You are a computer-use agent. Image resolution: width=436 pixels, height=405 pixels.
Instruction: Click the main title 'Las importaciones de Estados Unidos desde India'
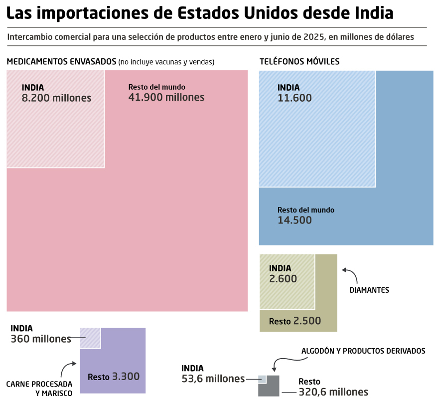(200, 13)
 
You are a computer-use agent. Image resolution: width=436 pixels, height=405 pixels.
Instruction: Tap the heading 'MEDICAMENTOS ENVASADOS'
(61, 62)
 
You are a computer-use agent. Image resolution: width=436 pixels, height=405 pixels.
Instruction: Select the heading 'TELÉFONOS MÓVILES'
(299, 62)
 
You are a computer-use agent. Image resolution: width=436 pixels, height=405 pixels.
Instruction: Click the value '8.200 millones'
(57, 98)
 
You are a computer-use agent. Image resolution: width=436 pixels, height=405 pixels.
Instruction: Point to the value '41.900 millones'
(166, 97)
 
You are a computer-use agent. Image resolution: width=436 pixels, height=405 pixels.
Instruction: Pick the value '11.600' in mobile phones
(294, 98)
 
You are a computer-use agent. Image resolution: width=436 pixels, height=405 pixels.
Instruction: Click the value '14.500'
(294, 220)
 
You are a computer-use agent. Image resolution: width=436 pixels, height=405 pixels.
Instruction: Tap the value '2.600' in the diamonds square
(283, 279)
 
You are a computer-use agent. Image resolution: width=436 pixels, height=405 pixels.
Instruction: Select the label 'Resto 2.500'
(295, 321)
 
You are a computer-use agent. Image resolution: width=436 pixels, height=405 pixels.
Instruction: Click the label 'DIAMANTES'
(369, 290)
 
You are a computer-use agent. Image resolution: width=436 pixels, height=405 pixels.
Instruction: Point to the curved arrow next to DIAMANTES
(349, 274)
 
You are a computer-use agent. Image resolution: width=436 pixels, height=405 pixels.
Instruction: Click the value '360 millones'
(41, 339)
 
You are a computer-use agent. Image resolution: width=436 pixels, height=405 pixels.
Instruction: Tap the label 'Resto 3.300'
(114, 377)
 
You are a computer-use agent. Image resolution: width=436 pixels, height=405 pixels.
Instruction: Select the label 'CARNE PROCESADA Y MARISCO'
(39, 389)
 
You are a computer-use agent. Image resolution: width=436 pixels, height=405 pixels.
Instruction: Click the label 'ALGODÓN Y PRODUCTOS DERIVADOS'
(363, 351)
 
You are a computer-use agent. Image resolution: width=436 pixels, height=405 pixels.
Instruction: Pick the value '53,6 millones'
(213, 379)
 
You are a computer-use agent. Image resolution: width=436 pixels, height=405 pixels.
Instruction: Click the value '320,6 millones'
(333, 392)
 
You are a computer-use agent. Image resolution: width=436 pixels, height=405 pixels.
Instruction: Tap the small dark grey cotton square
(270, 388)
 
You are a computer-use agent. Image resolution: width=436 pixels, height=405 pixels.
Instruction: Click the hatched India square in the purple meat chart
(90, 338)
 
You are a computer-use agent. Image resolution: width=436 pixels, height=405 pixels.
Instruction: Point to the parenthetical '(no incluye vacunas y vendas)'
(166, 62)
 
